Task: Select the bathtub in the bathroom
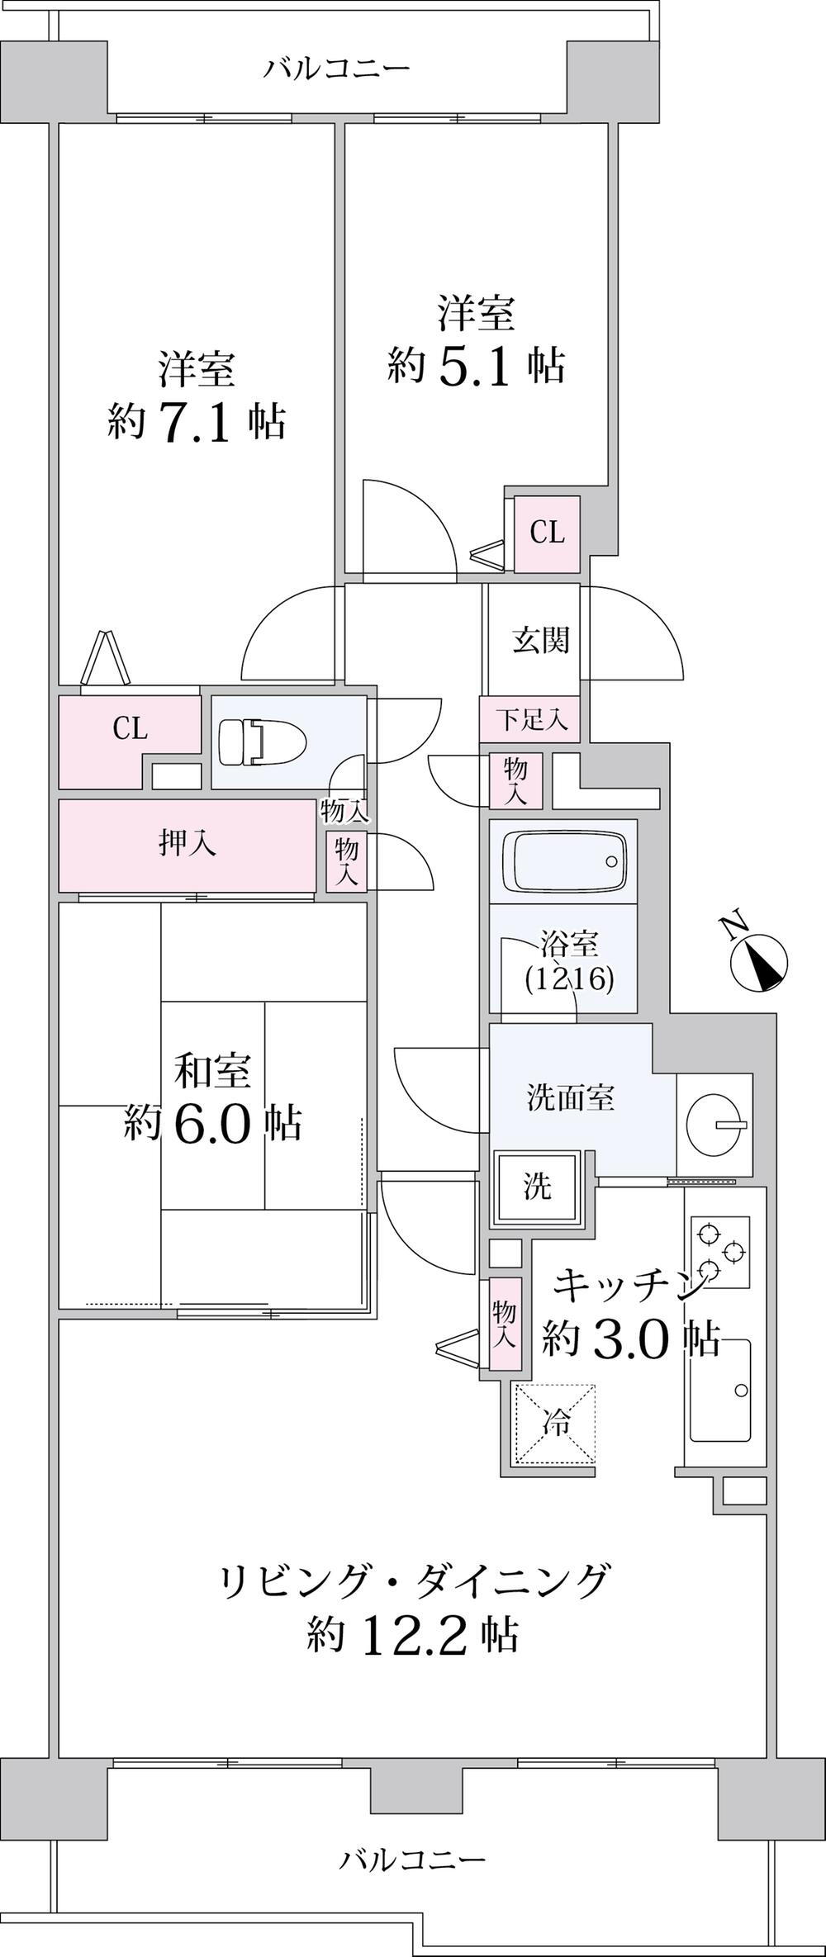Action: click(564, 861)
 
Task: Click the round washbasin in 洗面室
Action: click(714, 1123)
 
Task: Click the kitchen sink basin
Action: click(721, 1390)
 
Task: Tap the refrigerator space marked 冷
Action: click(555, 1424)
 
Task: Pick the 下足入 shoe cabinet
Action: click(530, 719)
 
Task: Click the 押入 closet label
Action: click(188, 845)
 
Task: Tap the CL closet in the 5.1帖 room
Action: click(547, 533)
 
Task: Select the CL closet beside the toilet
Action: click(130, 729)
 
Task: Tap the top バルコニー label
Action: click(337, 68)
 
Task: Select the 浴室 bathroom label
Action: click(569, 943)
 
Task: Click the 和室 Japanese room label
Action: click(211, 1071)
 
